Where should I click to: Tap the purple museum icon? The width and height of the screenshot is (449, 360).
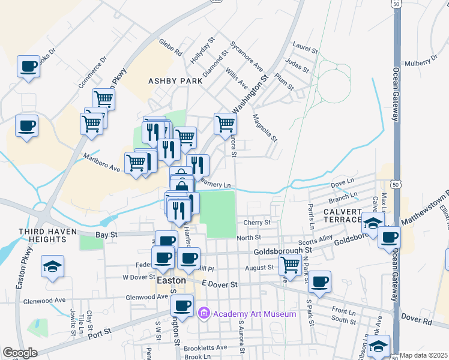[x=204, y=313]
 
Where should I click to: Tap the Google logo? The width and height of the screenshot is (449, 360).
[x=20, y=352]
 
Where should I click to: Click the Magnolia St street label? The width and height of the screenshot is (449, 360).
[x=265, y=128]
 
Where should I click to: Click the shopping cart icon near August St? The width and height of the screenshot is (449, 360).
[x=291, y=263]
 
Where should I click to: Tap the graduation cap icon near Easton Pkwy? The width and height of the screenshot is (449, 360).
[x=52, y=265]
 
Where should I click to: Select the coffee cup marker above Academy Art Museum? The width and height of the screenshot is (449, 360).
[x=182, y=305]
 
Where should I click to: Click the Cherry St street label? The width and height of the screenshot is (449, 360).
[x=258, y=222]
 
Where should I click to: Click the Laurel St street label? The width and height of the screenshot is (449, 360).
[x=304, y=45]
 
